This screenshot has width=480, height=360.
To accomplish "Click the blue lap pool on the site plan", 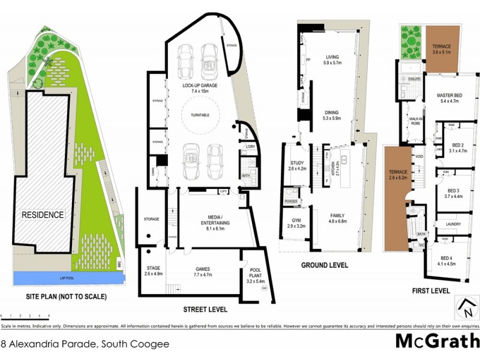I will pos(66,278).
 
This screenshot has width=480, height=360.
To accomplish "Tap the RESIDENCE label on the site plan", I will pos(43,214).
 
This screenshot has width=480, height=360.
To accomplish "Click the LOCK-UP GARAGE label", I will pos(200,86).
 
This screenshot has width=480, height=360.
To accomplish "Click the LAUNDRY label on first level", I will pos(453,224).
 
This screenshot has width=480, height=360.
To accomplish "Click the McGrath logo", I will pos(434,341).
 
